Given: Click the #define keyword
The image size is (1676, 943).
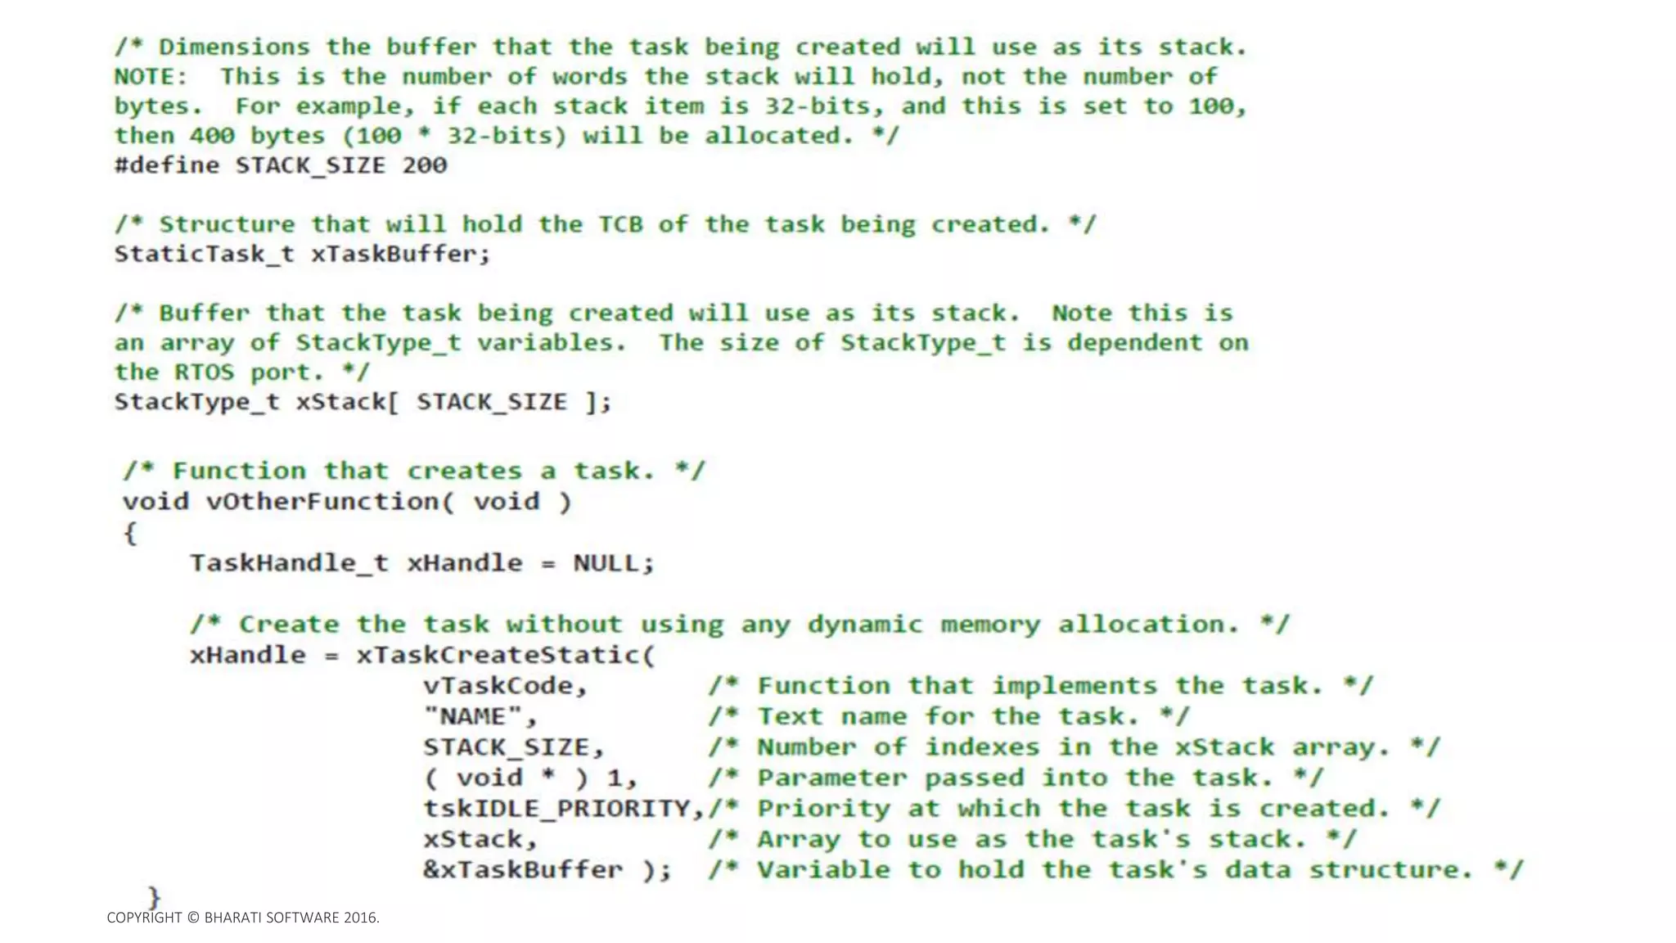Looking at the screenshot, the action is [x=167, y=165].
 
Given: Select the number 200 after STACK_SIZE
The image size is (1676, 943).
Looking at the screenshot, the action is [x=425, y=165].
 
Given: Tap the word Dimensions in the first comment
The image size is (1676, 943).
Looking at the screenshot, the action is [x=235, y=47].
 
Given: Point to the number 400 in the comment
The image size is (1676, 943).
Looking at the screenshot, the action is [x=212, y=136].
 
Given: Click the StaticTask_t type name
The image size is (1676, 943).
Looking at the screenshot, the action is [x=204, y=255].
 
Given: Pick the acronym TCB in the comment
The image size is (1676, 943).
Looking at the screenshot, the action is [x=620, y=224].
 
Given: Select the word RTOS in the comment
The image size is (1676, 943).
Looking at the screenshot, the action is [x=204, y=372].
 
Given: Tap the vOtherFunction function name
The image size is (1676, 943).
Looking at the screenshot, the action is [x=322, y=501].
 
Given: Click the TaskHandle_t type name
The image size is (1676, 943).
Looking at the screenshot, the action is [x=289, y=563].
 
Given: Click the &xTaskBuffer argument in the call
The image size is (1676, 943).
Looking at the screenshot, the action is [x=523, y=869].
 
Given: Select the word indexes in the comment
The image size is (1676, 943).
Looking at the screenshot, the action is [x=982, y=747].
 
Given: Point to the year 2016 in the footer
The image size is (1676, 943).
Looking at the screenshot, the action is [x=359, y=918].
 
